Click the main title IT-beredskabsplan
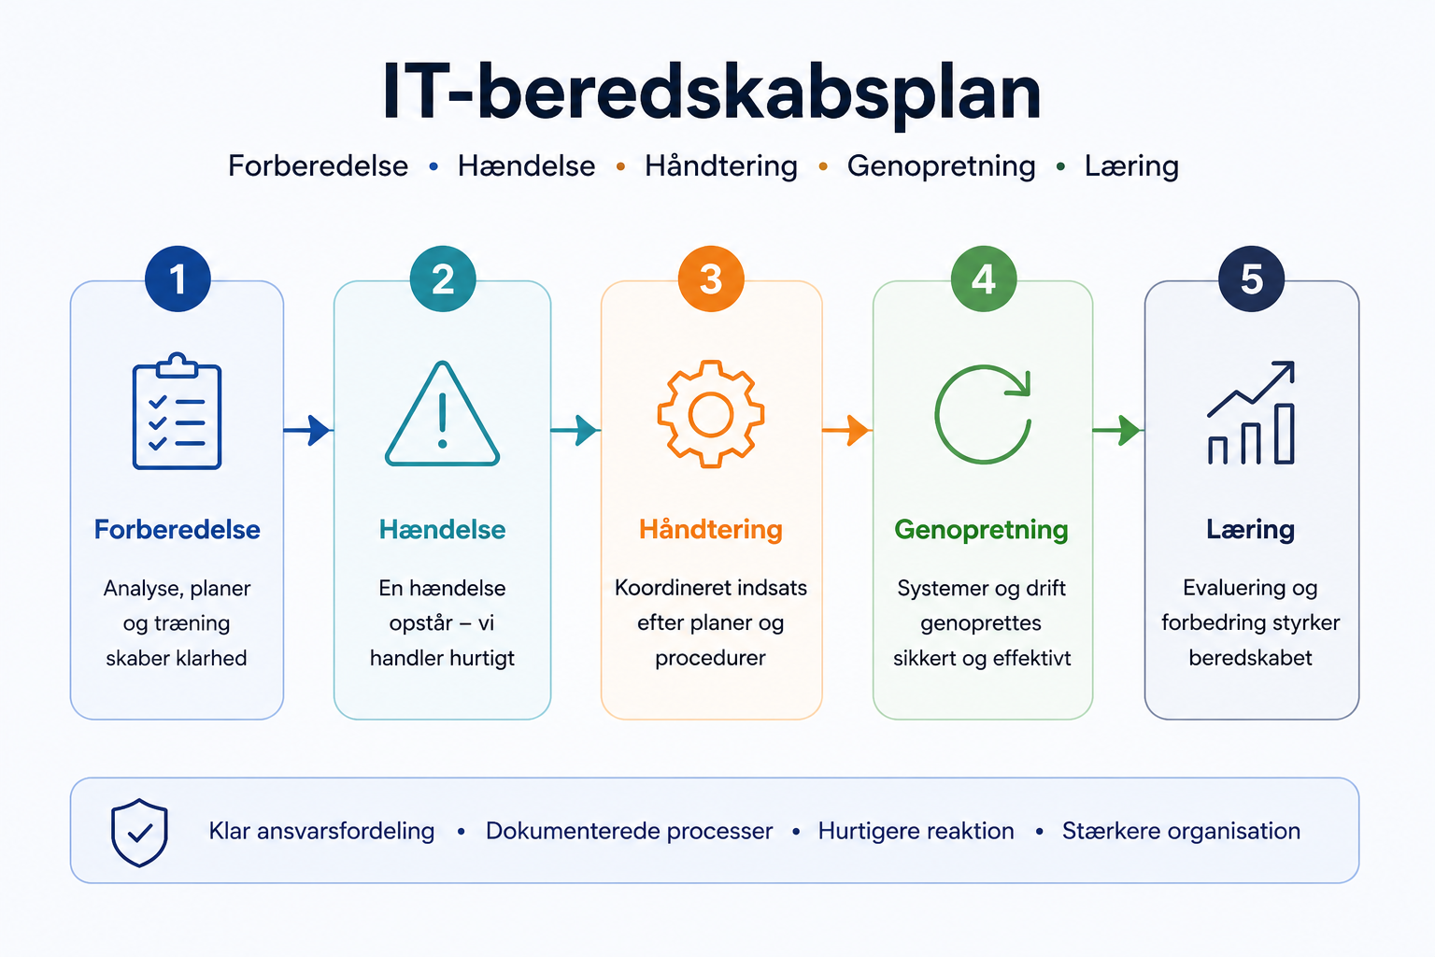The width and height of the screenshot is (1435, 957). point(711,93)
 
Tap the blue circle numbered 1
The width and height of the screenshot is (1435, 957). point(178,279)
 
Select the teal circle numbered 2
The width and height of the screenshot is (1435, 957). point(443,279)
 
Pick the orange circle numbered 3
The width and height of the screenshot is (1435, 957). point(711,279)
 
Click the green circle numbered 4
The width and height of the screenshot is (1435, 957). point(984,279)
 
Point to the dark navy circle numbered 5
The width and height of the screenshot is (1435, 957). point(1251,279)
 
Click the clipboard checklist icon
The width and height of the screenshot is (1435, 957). point(177,411)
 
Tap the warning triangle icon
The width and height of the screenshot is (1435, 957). point(442,413)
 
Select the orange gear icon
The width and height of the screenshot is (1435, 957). point(710,414)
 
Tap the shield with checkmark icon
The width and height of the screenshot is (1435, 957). point(139,832)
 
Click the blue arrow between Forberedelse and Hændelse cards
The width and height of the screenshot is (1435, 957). point(307,430)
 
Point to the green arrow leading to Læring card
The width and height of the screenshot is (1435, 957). point(1117,430)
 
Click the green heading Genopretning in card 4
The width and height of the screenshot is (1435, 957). point(982,531)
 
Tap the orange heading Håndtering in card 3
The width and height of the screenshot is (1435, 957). point(710,530)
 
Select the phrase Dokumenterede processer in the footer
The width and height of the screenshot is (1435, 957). point(629,832)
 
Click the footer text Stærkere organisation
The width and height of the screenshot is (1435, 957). point(1181,832)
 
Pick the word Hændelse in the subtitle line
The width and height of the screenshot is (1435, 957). point(526,166)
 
